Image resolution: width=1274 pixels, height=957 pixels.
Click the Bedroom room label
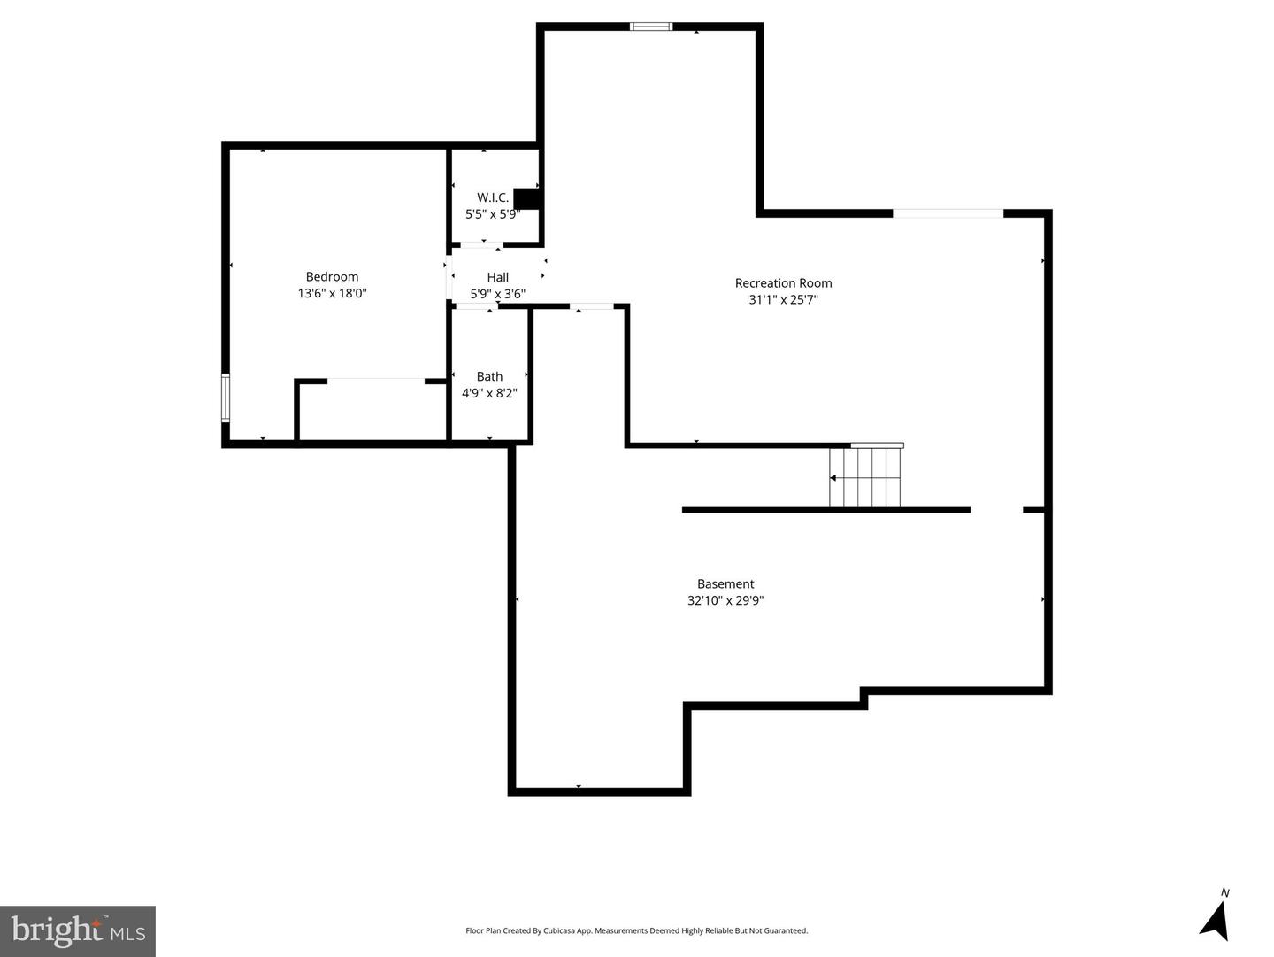point(332,277)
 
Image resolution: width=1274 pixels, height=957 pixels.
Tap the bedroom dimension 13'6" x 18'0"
point(332,293)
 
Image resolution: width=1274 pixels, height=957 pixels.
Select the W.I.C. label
point(493,197)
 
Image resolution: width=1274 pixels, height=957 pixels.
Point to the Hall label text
point(497,277)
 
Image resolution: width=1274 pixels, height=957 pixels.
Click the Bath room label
point(489,376)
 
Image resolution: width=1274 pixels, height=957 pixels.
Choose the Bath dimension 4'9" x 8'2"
point(489,393)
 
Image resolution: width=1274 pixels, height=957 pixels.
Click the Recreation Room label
point(783,283)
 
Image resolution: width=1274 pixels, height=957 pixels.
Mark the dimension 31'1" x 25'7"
point(783,300)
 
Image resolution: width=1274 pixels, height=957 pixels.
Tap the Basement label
point(725,584)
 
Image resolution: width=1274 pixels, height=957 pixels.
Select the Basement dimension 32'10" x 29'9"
point(725,600)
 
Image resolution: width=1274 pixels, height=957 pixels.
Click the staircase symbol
point(865,478)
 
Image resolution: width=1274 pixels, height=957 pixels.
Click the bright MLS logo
point(78,930)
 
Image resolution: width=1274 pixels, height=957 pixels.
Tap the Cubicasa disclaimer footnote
point(636,930)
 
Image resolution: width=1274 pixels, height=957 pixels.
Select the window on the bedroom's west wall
point(226,397)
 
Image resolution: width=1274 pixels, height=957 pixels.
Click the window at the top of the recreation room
point(651,27)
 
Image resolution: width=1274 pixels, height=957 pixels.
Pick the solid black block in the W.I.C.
point(526,198)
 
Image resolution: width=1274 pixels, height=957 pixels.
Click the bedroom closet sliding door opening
point(376,381)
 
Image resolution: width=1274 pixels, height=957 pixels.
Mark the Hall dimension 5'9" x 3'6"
point(497,294)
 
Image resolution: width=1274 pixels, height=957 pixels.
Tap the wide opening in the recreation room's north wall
point(948,213)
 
